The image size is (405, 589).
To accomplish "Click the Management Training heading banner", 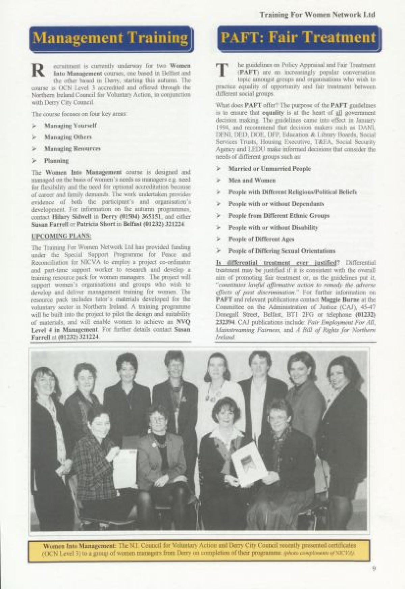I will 111,38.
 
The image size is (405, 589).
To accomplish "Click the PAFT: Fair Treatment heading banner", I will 298,38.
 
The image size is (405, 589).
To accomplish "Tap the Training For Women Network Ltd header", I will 317,15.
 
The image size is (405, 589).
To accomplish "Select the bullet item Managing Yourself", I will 70,125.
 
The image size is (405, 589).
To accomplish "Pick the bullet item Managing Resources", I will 72,149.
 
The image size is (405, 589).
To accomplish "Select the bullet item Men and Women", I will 252,180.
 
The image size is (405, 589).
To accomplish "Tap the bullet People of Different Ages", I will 261,239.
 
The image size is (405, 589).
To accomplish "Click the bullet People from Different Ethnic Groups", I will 279,216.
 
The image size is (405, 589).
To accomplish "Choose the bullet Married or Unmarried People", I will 269,168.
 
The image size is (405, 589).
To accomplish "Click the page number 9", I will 374,568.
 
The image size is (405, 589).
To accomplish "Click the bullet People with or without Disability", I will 273,227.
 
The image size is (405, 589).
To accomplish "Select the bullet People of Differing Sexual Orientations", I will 281,251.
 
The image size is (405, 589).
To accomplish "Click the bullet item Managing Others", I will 68,137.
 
